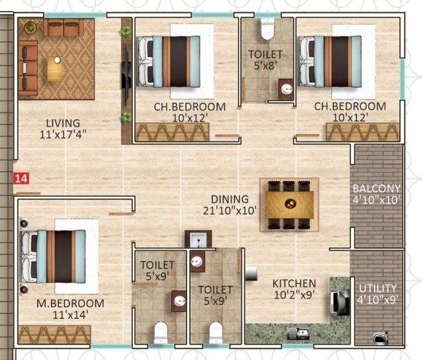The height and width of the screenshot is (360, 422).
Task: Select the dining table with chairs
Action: click(289, 204)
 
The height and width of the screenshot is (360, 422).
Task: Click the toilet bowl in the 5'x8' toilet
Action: click(267, 29)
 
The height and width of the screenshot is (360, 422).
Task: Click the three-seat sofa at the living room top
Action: click(63, 28)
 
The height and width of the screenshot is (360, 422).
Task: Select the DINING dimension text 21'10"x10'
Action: click(230, 211)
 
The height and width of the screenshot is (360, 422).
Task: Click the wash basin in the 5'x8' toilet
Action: click(287, 88)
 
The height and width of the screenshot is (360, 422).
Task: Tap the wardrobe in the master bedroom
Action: click(54, 334)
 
